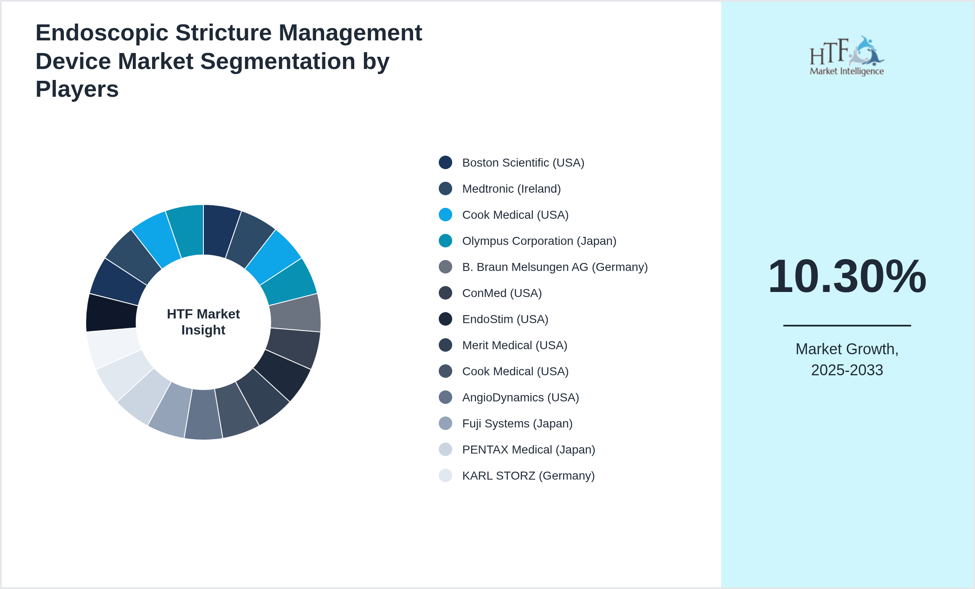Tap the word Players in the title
pyautogui.click(x=77, y=89)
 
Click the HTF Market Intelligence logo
pyautogui.click(x=846, y=56)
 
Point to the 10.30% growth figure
pyautogui.click(x=847, y=276)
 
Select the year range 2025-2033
pyautogui.click(x=847, y=370)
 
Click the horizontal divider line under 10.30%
pyautogui.click(x=847, y=325)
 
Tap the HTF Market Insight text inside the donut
pyautogui.click(x=203, y=322)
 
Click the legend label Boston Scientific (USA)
pyautogui.click(x=523, y=163)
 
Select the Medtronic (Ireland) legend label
pyautogui.click(x=511, y=189)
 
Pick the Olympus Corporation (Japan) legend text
pyautogui.click(x=539, y=241)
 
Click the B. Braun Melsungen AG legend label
pyautogui.click(x=555, y=267)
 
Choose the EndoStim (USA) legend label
pyautogui.click(x=505, y=319)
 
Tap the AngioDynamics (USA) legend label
pyautogui.click(x=520, y=398)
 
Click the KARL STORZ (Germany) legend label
pyautogui.click(x=528, y=476)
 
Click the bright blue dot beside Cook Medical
pyautogui.click(x=445, y=215)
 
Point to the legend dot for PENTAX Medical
pyautogui.click(x=445, y=449)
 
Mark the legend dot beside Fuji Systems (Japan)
pyautogui.click(x=445, y=423)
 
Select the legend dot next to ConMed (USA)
pyautogui.click(x=445, y=293)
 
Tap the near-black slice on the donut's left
pyautogui.click(x=112, y=313)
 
